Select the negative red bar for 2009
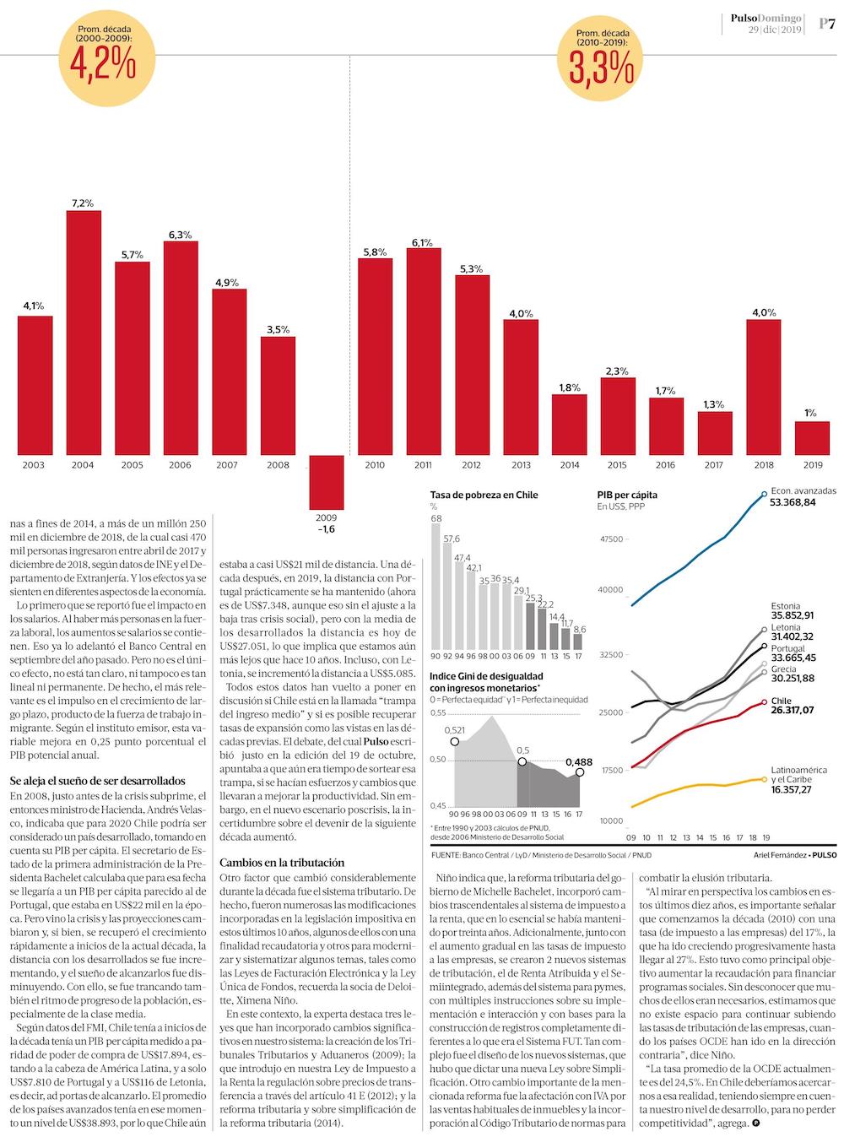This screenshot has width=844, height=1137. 326,482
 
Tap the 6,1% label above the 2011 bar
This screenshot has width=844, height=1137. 422,242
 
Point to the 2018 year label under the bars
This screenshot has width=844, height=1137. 763,465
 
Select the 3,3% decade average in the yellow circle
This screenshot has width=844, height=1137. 600,69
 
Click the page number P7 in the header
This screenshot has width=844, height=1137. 826,24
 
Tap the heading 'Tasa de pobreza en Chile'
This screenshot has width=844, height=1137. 484,495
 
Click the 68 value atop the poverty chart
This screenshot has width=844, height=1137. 436,518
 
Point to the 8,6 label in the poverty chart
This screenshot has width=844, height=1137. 579,629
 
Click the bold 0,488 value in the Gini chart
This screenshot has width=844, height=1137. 579,762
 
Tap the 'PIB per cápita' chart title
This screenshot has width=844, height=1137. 626,495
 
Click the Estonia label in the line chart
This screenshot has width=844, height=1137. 786,606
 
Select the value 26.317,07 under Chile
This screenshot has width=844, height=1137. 792,711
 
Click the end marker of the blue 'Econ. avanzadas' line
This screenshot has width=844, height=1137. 764,493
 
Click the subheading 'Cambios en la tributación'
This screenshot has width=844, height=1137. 281,863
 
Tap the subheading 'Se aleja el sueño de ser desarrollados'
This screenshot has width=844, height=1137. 97,781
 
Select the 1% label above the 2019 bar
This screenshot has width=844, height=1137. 810,413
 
